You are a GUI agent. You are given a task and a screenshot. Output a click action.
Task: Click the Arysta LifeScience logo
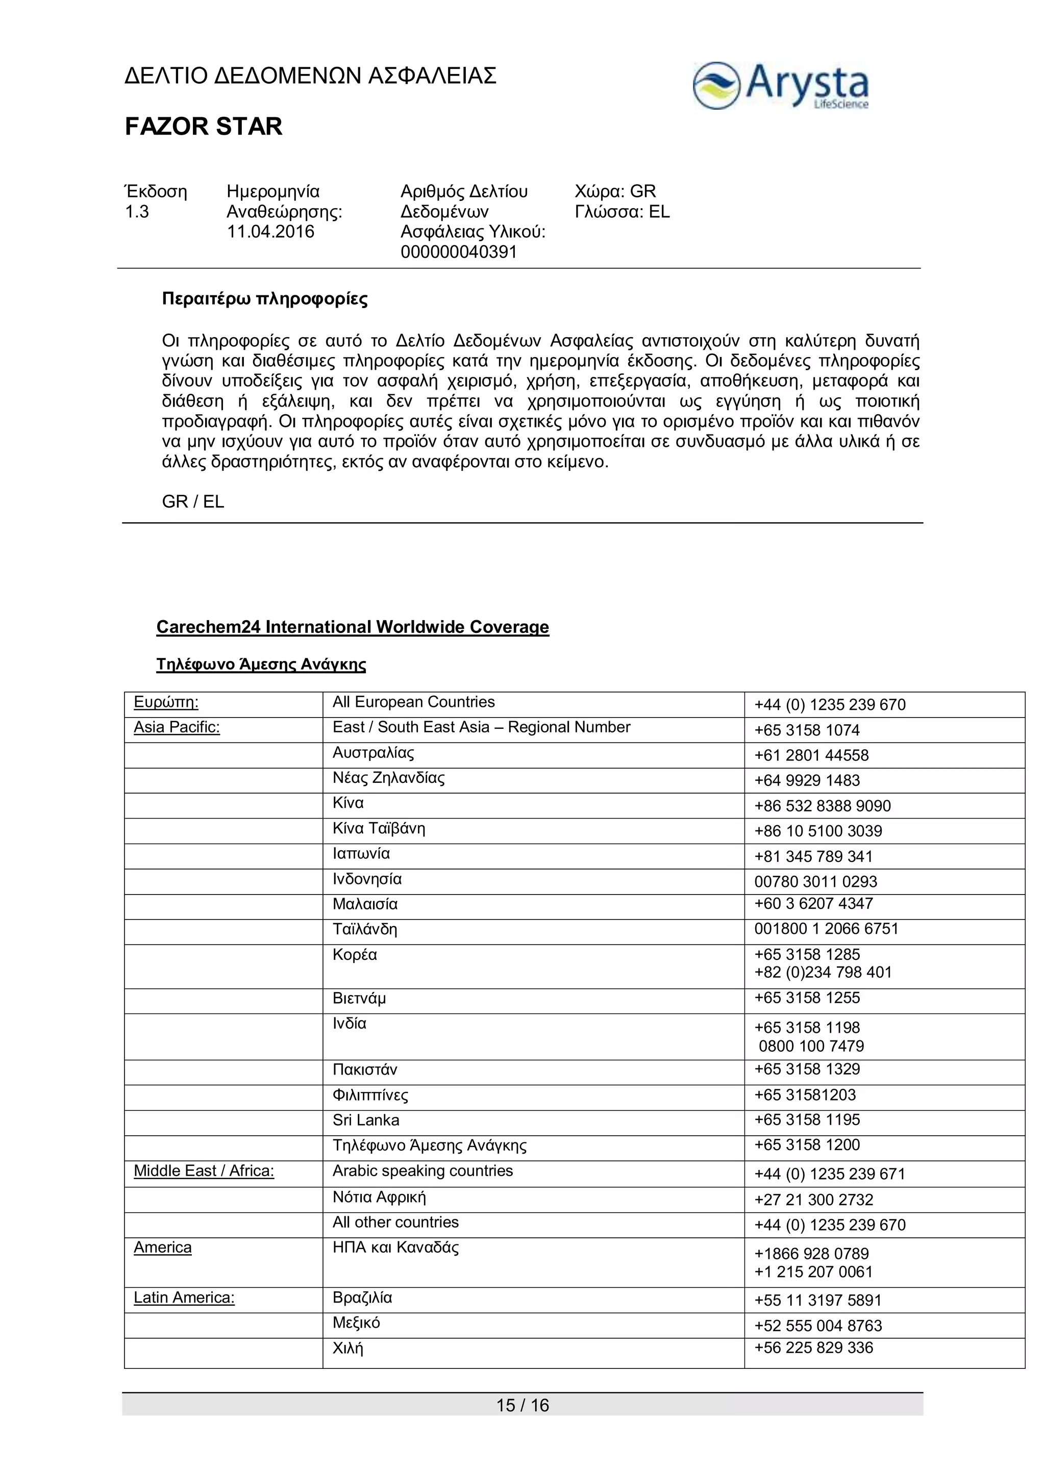coord(781,86)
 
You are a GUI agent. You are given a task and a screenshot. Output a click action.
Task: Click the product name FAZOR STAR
coord(204,126)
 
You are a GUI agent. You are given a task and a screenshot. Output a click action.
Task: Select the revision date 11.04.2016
coord(270,232)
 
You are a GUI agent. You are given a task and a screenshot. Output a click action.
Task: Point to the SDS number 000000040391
coord(459,251)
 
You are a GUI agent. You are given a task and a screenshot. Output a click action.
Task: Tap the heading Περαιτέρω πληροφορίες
coord(264,299)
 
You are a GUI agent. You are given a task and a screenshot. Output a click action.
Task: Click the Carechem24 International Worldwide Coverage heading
coord(353,627)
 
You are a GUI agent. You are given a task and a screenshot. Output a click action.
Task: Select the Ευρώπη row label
coord(166,702)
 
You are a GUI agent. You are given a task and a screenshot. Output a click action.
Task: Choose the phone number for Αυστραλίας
coord(811,755)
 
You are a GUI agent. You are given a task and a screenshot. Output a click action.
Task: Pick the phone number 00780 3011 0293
coord(815,881)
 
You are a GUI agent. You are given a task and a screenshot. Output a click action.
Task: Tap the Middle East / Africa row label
coord(204,1171)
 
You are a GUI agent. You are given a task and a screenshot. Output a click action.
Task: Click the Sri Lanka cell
coord(365,1120)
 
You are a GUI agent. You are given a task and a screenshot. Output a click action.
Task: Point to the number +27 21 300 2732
coord(813,1200)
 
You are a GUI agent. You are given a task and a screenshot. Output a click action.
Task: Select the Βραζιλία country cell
coord(362,1297)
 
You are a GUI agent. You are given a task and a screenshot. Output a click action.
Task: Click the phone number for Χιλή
coord(813,1347)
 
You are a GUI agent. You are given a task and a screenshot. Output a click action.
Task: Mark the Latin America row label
coord(184,1297)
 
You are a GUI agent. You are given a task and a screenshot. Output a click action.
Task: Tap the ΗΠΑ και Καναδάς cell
coord(396,1247)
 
